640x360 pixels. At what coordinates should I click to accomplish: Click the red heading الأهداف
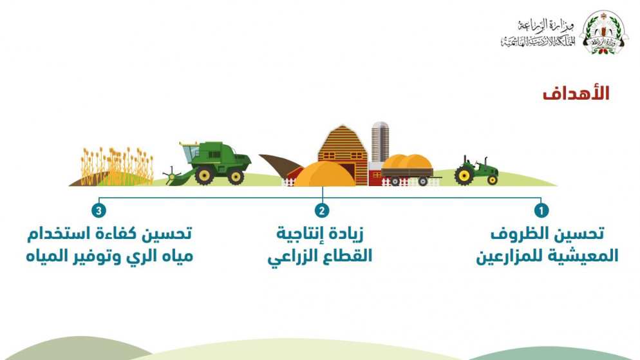tap(576, 93)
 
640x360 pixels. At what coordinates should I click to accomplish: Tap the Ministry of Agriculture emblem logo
tap(604, 32)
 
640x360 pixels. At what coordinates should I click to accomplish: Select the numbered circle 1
tap(541, 211)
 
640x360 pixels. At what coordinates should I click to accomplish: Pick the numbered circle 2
tap(322, 211)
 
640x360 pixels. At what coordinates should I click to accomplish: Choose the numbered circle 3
tap(99, 211)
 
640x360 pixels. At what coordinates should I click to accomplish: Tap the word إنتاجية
tap(299, 234)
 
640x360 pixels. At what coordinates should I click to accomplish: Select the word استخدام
tap(54, 234)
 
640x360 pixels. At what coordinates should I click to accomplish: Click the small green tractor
tap(476, 170)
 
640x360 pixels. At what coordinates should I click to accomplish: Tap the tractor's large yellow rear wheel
tap(464, 176)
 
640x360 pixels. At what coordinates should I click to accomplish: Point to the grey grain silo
tap(380, 142)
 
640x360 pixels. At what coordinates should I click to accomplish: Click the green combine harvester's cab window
tap(191, 153)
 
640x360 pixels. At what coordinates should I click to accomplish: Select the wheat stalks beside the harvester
tap(117, 166)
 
